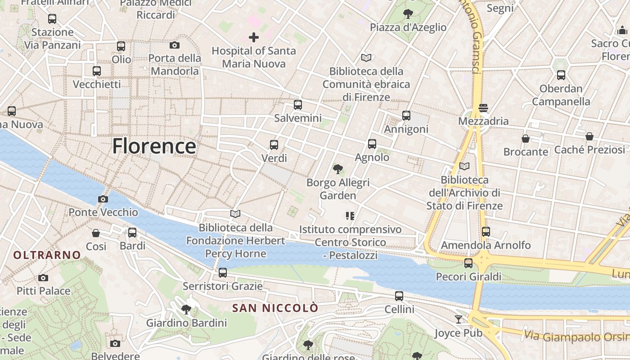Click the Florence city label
click(x=154, y=146)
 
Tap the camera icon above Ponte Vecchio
click(x=103, y=199)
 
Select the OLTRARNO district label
click(x=47, y=255)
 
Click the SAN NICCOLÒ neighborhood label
click(x=275, y=308)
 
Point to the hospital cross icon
click(x=254, y=37)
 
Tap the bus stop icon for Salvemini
click(x=298, y=105)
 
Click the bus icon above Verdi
click(x=274, y=145)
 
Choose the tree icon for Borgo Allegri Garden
click(x=338, y=169)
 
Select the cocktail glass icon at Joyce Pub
click(x=459, y=319)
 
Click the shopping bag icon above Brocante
click(x=526, y=138)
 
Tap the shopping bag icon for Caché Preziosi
click(x=589, y=136)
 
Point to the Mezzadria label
click(x=483, y=121)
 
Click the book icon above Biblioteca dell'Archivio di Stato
click(x=464, y=166)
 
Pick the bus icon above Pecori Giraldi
click(x=468, y=263)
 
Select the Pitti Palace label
click(x=44, y=291)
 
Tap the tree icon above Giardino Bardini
click(x=186, y=309)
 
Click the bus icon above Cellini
click(x=399, y=296)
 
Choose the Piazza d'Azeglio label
click(x=408, y=27)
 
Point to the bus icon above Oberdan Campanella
click(x=561, y=75)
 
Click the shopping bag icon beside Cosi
click(x=96, y=233)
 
